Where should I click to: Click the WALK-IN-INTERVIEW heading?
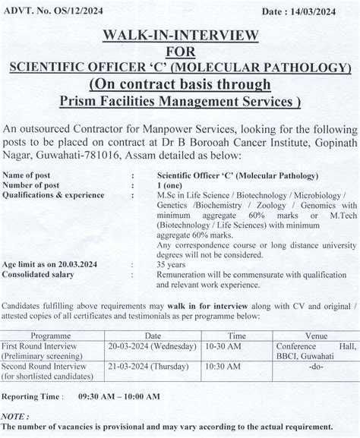180,36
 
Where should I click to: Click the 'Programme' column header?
55,335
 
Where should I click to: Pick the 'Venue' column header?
311,335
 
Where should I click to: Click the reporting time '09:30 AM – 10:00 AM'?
118,396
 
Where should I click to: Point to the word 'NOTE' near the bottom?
15,417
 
